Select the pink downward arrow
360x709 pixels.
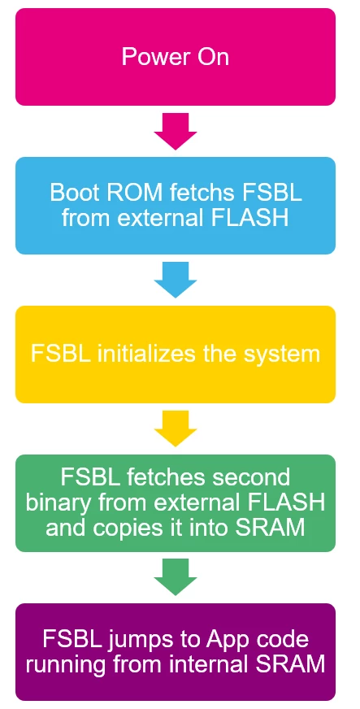pyautogui.click(x=176, y=132)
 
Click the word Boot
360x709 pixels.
pyautogui.click(x=71, y=192)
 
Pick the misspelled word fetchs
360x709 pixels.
pyautogui.click(x=204, y=192)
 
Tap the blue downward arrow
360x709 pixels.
pyautogui.click(x=176, y=280)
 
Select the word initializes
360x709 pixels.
pyautogui.click(x=146, y=354)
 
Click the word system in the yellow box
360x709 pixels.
pyautogui.click(x=282, y=354)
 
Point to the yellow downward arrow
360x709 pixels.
pyautogui.click(x=176, y=428)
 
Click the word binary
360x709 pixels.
pyautogui.click(x=54, y=504)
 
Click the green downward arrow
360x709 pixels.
pyautogui.click(x=176, y=576)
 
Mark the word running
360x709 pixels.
pyautogui.click(x=65, y=666)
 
